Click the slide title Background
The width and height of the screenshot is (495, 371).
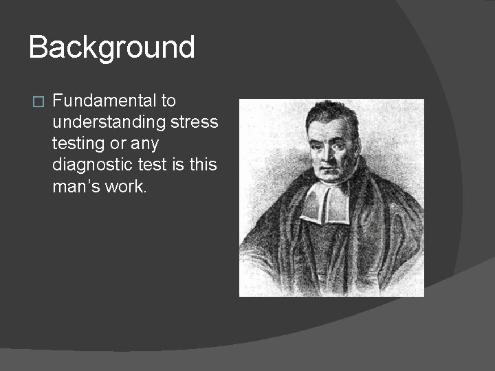[x=112, y=48]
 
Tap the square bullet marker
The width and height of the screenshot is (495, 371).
[x=38, y=102]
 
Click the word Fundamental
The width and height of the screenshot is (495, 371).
[x=104, y=101]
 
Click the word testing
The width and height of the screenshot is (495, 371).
[x=77, y=144]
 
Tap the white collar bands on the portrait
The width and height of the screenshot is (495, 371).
[x=325, y=204]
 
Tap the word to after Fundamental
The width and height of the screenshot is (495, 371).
[x=168, y=101]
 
